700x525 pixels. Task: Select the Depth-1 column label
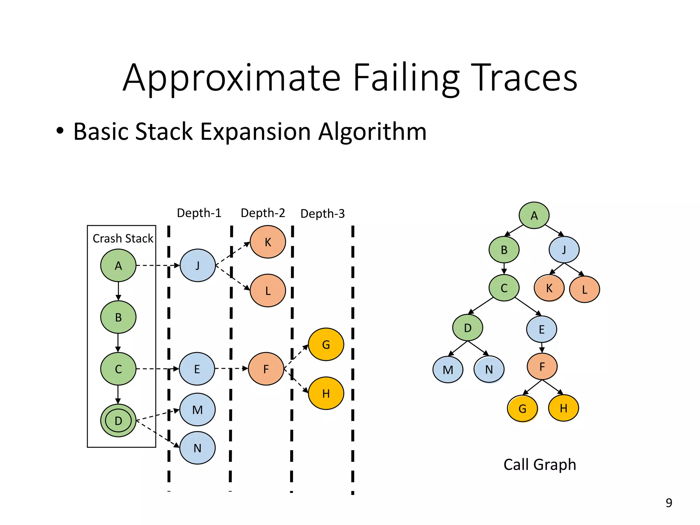pos(199,213)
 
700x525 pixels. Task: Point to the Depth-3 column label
pos(322,214)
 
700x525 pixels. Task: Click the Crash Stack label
pos(123,238)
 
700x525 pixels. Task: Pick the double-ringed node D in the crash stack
pos(118,420)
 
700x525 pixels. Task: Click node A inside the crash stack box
pos(118,266)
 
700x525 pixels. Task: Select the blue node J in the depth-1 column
pos(198,266)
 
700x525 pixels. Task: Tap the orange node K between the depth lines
pos(268,242)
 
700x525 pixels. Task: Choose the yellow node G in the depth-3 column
pos(326,345)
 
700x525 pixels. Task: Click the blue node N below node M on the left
pos(198,448)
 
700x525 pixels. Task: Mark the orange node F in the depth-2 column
pos(266,369)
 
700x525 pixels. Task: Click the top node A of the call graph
pos(534,215)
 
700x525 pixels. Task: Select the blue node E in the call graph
pos(541,329)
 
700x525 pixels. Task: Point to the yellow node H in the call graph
pos(563,408)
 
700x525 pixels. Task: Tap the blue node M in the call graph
pos(448,370)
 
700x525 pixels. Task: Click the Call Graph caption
pos(540,465)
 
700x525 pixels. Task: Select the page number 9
pos(669,503)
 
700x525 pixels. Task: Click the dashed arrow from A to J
pos(157,265)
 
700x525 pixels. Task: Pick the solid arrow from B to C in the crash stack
pos(118,343)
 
